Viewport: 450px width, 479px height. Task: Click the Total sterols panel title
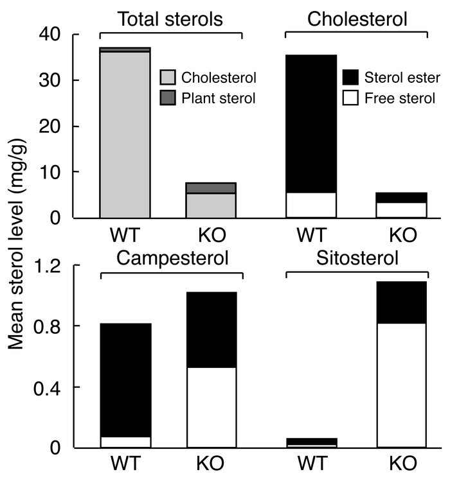170,20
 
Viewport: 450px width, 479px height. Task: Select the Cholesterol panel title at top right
357,20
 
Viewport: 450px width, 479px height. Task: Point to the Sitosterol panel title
357,259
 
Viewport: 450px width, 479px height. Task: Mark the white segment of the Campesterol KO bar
212,407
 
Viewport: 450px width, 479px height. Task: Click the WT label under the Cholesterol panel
310,234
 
